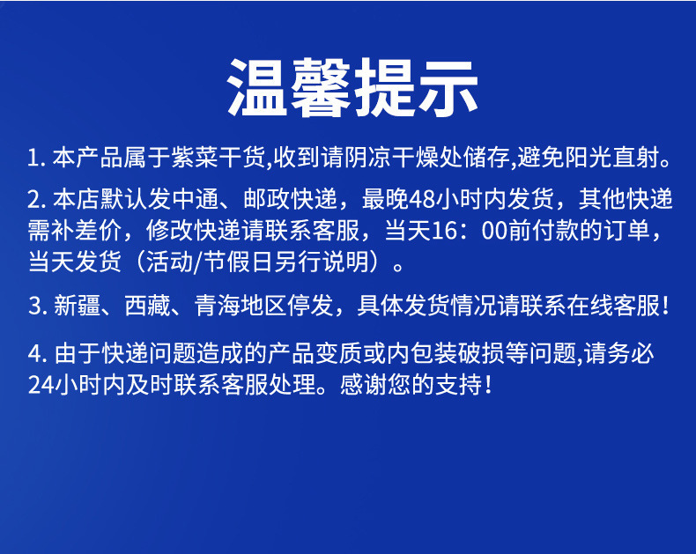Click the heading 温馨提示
pyautogui.click(x=352, y=87)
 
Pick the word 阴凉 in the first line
pyautogui.click(x=368, y=158)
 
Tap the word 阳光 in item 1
pyautogui.click(x=588, y=158)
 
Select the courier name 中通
pyautogui.click(x=196, y=199)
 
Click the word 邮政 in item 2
pyautogui.click(x=267, y=199)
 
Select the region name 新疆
pyautogui.click(x=78, y=306)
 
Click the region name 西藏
pyautogui.click(x=148, y=306)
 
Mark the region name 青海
pyautogui.click(x=218, y=306)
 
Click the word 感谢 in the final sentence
pyautogui.click(x=364, y=384)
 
